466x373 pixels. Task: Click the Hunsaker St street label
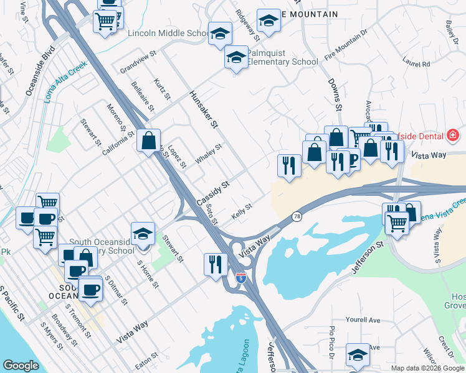(204, 109)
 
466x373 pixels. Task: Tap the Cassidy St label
(214, 193)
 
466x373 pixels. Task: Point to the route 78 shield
(297, 216)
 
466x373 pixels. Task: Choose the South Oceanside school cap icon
(143, 234)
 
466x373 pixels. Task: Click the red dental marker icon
(453, 136)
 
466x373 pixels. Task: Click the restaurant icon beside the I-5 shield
(214, 264)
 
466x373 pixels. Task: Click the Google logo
(21, 366)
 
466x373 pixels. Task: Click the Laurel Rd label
(417, 63)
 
